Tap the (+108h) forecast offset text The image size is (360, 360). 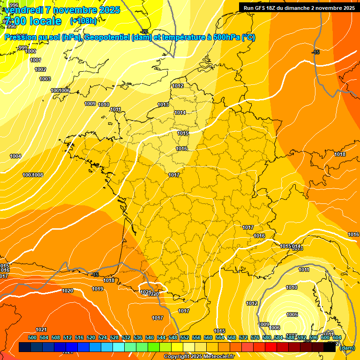83,21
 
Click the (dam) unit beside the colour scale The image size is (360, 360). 347,348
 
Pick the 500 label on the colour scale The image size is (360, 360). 32,337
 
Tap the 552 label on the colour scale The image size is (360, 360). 185,337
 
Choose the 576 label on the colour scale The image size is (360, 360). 255,337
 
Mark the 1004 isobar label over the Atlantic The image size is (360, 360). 15,156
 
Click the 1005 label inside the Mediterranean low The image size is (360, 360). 292,315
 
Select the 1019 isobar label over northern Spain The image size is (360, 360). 97,289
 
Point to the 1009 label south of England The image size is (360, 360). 90,104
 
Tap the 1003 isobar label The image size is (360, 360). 45,79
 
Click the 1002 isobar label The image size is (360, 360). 40,69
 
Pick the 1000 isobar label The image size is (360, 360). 30,51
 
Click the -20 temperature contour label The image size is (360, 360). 144,31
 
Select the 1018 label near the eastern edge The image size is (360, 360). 340,154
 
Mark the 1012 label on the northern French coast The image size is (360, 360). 178,86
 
